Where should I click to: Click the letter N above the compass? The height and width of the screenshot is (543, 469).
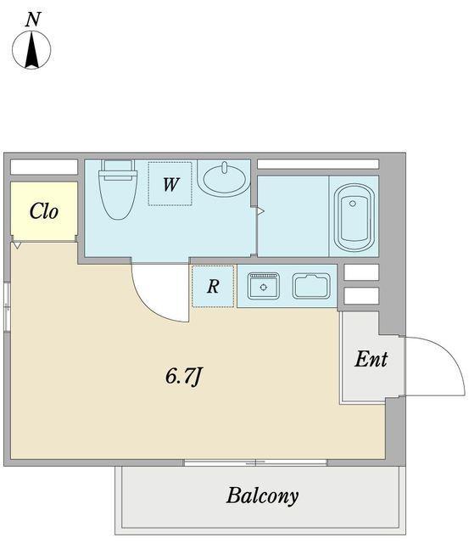(33, 20)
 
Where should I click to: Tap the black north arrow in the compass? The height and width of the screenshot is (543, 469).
(32, 49)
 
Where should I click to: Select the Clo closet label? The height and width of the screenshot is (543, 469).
(43, 211)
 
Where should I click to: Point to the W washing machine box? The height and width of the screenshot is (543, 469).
(170, 184)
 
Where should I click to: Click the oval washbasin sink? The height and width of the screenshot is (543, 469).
(225, 178)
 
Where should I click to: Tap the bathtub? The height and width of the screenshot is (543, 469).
(355, 217)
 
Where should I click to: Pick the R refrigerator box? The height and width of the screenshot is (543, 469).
(213, 286)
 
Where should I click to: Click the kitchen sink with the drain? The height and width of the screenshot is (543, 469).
(264, 286)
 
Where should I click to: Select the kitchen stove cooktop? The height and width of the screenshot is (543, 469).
(311, 286)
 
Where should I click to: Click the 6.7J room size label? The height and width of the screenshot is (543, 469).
(183, 377)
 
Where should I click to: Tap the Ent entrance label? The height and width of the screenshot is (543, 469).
(371, 359)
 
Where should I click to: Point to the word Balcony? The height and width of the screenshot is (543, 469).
(262, 496)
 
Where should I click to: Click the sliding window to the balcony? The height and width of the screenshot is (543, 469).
(255, 462)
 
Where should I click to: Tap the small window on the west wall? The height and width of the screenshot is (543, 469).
(7, 306)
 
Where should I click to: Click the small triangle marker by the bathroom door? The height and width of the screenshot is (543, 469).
(260, 211)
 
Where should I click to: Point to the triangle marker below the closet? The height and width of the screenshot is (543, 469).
(17, 245)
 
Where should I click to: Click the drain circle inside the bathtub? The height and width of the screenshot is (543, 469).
(352, 204)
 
